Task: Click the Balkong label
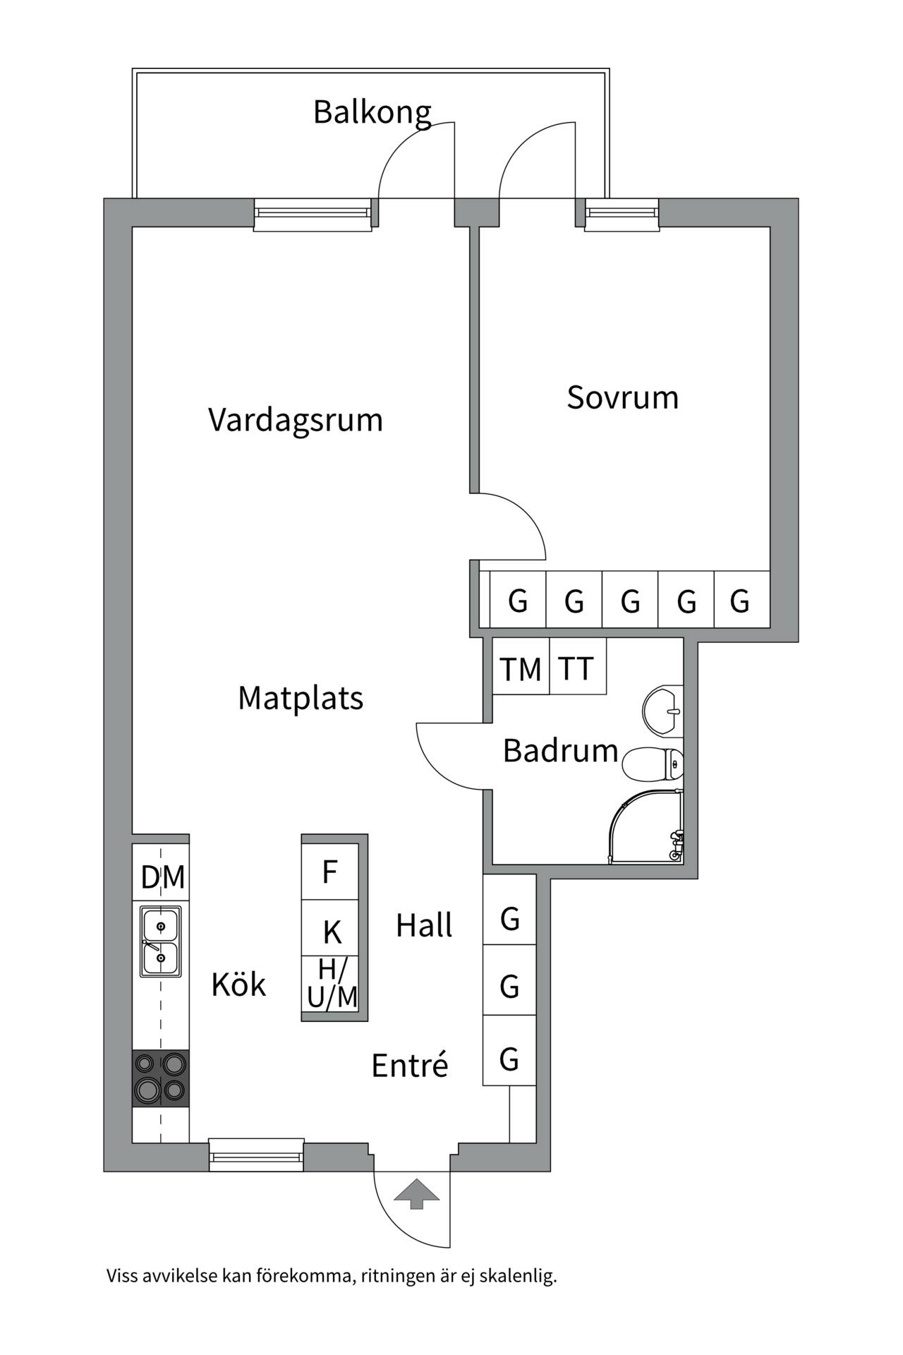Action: tap(372, 113)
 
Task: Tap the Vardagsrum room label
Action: tap(296, 420)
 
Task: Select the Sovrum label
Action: tap(623, 397)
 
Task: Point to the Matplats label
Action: tap(301, 698)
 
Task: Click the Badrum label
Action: tap(560, 750)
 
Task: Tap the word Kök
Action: tap(238, 984)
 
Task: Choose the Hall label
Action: tap(424, 925)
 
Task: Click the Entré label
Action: tap(410, 1065)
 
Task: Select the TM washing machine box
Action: tap(521, 666)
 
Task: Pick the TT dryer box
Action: tap(578, 666)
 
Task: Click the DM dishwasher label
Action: tap(163, 877)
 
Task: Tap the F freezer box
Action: tap(330, 871)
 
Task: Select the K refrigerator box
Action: tap(330, 928)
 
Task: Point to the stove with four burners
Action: tap(161, 1078)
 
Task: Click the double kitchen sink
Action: tap(161, 941)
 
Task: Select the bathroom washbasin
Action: tap(662, 711)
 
